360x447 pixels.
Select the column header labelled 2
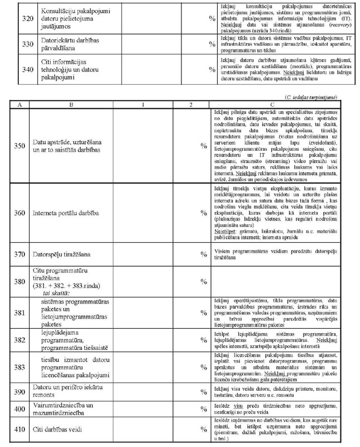pyautogui.click(x=191, y=104)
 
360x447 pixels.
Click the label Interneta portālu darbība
pyautogui.click(x=66, y=213)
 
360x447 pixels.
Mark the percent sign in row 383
pyautogui.click(x=204, y=366)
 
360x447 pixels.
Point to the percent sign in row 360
pyautogui.click(x=204, y=213)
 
